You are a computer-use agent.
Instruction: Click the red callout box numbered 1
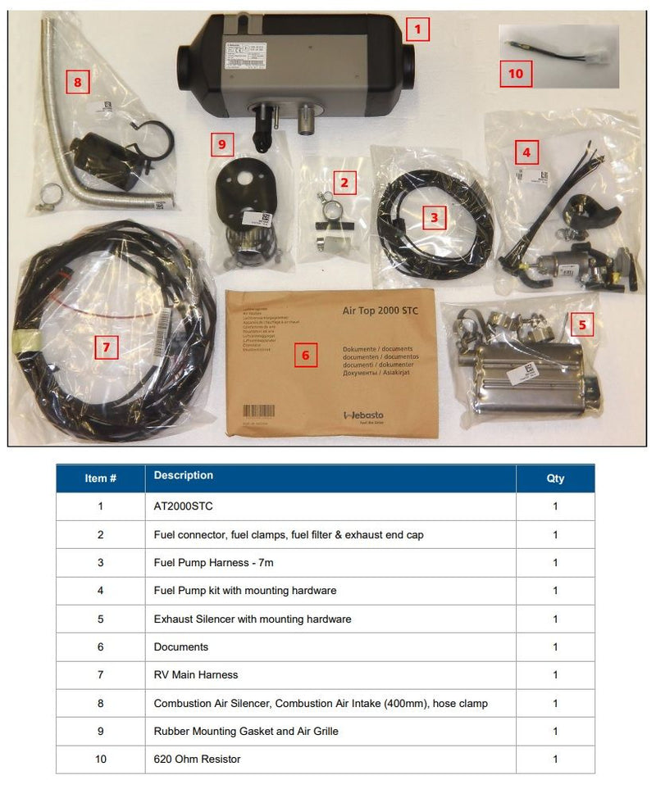pos(417,30)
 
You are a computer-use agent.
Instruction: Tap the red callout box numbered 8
pos(77,82)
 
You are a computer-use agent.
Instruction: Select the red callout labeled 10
pos(515,74)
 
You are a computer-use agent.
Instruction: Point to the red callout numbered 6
pos(305,355)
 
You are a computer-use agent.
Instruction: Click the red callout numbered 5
pos(582,324)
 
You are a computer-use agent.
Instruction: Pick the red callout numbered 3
pos(434,217)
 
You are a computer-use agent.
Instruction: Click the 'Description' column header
pos(184,475)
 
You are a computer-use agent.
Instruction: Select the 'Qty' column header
pos(555,478)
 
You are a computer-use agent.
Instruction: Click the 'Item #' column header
pos(101,478)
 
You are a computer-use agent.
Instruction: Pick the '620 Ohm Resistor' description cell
pos(197,760)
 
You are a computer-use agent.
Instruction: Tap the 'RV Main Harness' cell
pos(196,675)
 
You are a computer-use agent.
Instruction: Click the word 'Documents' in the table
pos(181,647)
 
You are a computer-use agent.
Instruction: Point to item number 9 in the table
pos(101,731)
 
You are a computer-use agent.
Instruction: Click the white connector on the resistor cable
pos(596,58)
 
